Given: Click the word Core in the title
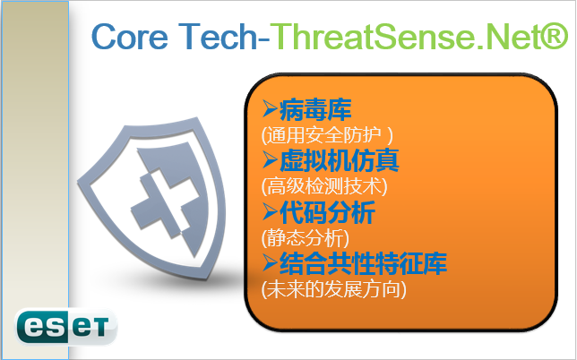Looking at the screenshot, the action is tap(130, 37).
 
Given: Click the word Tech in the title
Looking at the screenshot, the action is tap(218, 36).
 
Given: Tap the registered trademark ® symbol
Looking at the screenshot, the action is tap(555, 36).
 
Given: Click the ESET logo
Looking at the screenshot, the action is tap(66, 327).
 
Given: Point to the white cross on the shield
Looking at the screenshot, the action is tap(162, 202).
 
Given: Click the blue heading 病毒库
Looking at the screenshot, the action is tap(315, 110).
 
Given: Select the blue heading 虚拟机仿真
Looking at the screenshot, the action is tap(340, 160).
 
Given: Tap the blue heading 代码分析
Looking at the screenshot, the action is tap(327, 212).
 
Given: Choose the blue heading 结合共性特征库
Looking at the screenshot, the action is tap(363, 263).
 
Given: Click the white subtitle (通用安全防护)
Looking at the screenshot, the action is tap(327, 135).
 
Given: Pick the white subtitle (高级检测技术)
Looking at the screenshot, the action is tap(324, 186).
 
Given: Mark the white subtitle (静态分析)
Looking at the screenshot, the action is tap(305, 237).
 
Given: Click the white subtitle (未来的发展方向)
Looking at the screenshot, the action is tap(334, 289).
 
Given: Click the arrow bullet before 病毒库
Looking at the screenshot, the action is tap(270, 109).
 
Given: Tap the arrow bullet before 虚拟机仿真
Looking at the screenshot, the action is tap(270, 160).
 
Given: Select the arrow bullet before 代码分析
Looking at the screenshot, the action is tap(270, 211).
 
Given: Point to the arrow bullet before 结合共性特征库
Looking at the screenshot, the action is tap(270, 263).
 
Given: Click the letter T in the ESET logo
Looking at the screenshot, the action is tap(100, 327).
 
